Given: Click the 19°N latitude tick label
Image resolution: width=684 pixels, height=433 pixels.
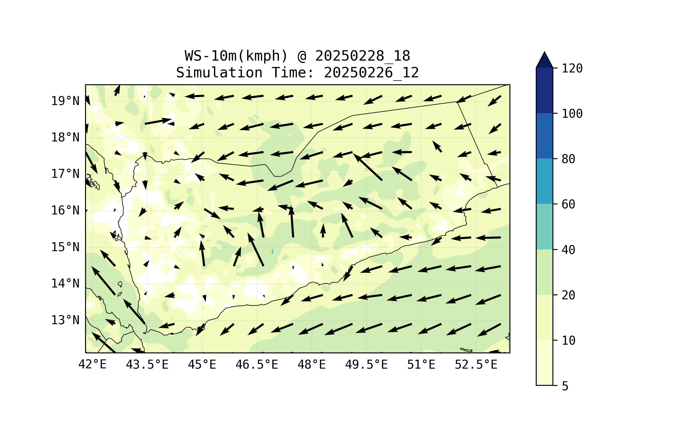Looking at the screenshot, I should [65, 101].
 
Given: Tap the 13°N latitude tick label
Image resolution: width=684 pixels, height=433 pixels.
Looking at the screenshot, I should [65, 320].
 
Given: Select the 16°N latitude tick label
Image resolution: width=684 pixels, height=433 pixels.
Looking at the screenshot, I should [65, 210].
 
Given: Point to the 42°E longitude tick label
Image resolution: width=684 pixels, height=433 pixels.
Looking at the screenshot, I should [92, 365].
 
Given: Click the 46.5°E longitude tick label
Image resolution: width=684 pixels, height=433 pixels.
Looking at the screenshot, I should [257, 365].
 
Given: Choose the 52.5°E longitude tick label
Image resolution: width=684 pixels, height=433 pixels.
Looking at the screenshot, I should [476, 365].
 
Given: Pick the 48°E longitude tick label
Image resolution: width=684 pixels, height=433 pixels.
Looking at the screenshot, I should [312, 365].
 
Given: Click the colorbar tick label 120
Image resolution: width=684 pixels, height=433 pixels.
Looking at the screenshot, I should [572, 68].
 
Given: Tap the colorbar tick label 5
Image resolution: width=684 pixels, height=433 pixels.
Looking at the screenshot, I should [565, 386].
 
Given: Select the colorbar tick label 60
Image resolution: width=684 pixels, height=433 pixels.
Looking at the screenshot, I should [568, 204].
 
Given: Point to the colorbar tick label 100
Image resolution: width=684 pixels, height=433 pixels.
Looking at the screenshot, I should [572, 114].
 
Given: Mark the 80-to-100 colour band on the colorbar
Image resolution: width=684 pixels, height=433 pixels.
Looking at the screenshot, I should [544, 136].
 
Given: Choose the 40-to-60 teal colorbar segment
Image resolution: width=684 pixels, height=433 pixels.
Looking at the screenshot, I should [544, 227].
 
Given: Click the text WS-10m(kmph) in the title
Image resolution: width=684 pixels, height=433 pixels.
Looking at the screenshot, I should [236, 56].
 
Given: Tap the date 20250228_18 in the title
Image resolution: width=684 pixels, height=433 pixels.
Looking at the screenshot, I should [363, 56].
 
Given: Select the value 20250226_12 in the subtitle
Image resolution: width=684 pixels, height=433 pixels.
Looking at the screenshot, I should [371, 73].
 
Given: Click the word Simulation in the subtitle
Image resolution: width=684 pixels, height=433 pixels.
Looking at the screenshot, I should [219, 73].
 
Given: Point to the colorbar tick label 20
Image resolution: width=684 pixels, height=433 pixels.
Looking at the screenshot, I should [568, 295].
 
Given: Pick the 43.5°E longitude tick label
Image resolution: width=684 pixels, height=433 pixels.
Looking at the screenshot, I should [147, 365].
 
